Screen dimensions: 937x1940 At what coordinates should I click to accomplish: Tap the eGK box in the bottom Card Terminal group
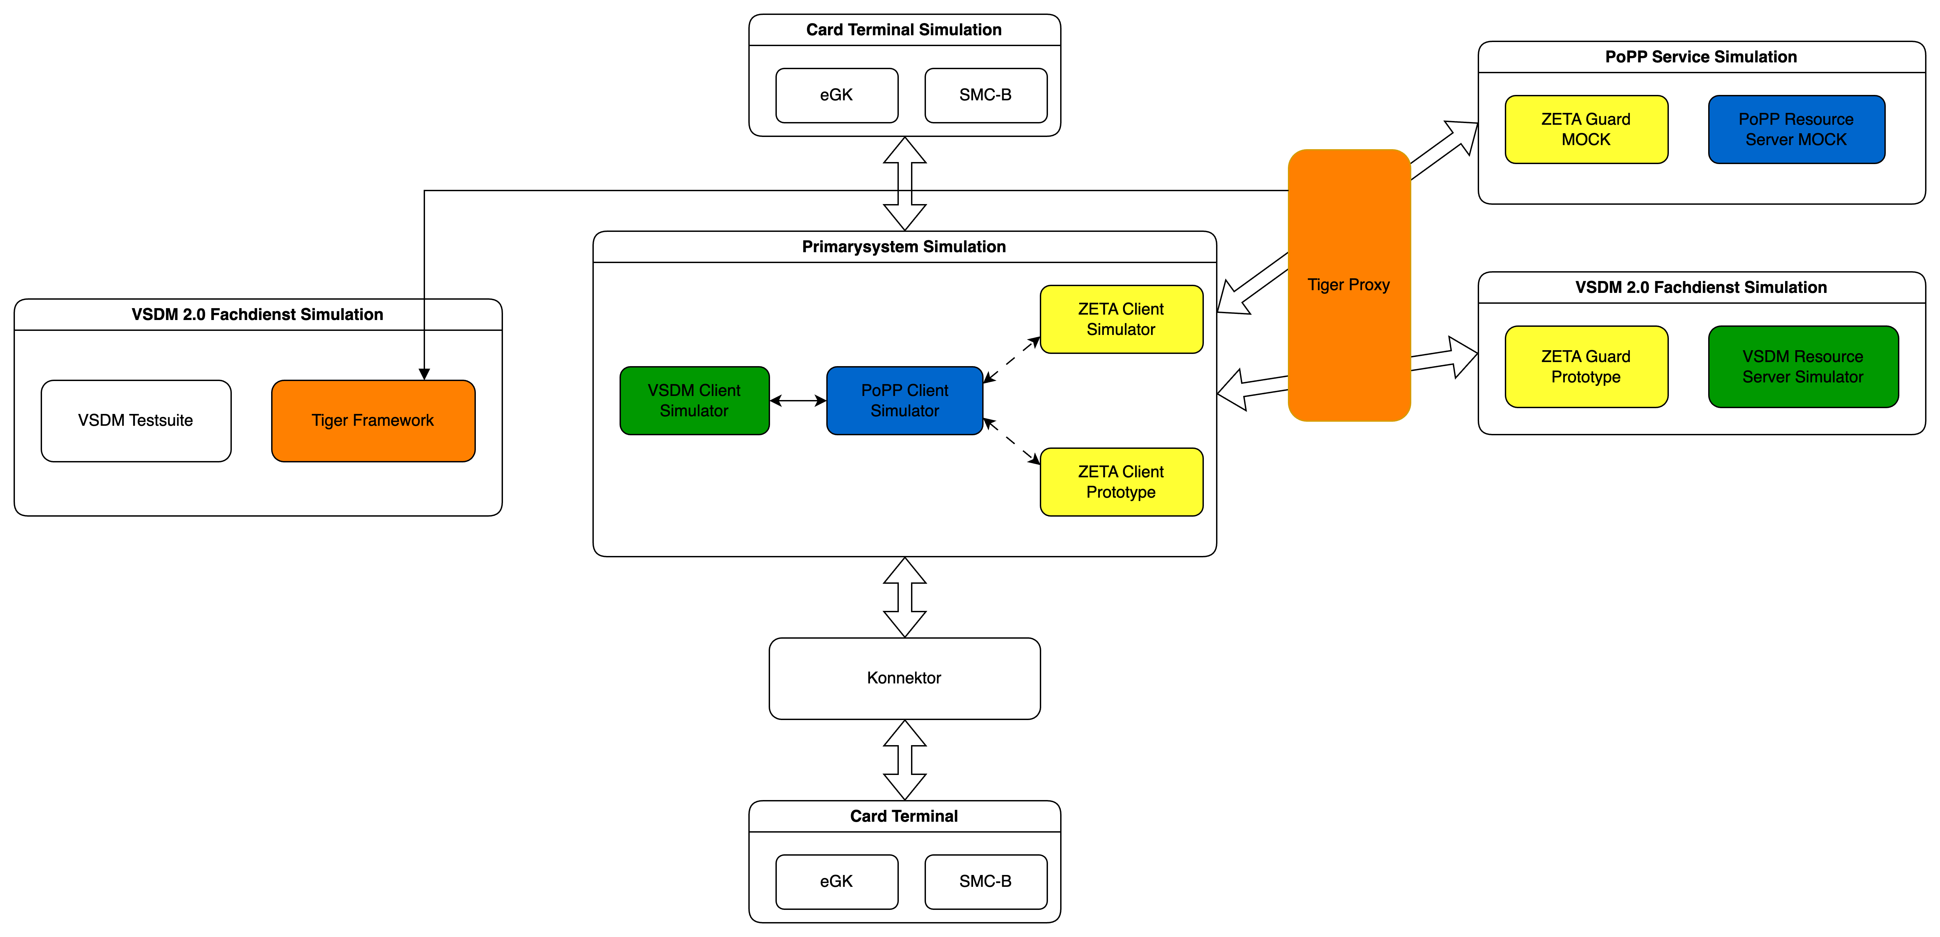[837, 881]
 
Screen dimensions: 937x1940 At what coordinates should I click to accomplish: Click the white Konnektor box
[905, 678]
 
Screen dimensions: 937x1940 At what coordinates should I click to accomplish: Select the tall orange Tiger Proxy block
[1349, 285]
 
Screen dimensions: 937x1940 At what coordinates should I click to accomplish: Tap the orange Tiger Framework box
[373, 420]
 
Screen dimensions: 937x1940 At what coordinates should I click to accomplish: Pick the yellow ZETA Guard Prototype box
[1586, 367]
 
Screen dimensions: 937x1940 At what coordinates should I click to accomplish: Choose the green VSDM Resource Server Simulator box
[1803, 367]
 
